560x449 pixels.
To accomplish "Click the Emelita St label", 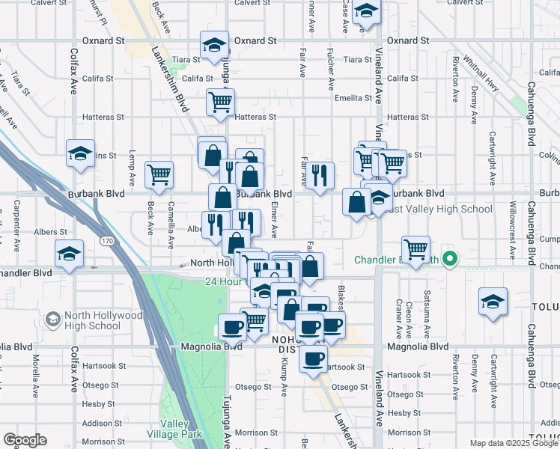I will point(353,98).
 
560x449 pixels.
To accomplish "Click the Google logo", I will point(25,440).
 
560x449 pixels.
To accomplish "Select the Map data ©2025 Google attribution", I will point(513,443).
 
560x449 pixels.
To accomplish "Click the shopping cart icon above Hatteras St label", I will point(220,102).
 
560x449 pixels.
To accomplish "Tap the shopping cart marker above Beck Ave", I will point(159,176).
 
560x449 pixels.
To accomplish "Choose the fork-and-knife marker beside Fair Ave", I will point(320,177).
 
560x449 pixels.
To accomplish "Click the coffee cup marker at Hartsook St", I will point(313,358).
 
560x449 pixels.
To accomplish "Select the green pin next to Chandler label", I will point(449,260).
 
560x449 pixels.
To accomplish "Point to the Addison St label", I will point(97,423).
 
